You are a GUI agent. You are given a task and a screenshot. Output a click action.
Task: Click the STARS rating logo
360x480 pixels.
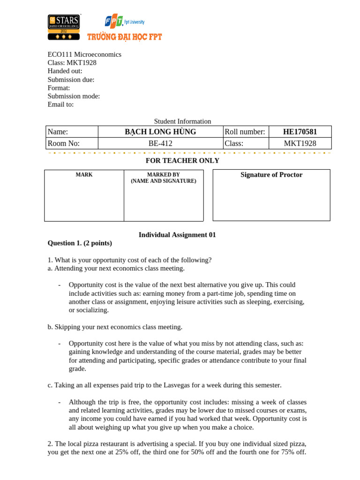64,27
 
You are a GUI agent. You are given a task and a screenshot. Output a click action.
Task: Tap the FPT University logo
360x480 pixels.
124,22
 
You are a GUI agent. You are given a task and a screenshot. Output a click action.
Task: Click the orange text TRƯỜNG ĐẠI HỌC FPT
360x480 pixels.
124,37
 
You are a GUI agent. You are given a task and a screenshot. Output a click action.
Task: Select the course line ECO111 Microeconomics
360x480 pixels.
84,54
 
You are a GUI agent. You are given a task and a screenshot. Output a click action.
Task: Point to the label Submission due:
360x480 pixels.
71,80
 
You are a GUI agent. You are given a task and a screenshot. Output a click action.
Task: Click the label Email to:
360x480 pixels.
60,105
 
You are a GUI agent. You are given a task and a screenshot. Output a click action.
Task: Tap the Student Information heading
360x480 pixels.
182,121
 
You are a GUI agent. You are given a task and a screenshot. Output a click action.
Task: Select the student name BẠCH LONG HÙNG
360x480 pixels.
160,132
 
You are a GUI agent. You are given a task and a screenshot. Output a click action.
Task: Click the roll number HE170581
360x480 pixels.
300,132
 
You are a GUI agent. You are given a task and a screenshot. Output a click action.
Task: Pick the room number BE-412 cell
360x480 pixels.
160,143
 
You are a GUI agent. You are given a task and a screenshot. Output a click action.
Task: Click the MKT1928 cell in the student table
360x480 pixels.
300,143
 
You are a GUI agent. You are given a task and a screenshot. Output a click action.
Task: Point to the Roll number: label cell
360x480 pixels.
245,132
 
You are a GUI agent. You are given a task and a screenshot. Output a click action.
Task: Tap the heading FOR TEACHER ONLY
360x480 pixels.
182,161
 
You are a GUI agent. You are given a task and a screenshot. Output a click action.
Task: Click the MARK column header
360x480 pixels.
84,175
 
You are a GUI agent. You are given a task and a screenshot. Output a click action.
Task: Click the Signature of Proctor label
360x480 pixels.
271,175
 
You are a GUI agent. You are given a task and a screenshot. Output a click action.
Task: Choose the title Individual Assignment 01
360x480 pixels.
177,235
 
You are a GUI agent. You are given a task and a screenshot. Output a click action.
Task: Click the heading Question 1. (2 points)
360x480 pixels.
80,243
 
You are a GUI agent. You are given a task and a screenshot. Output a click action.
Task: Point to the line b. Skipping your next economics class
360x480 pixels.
115,327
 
